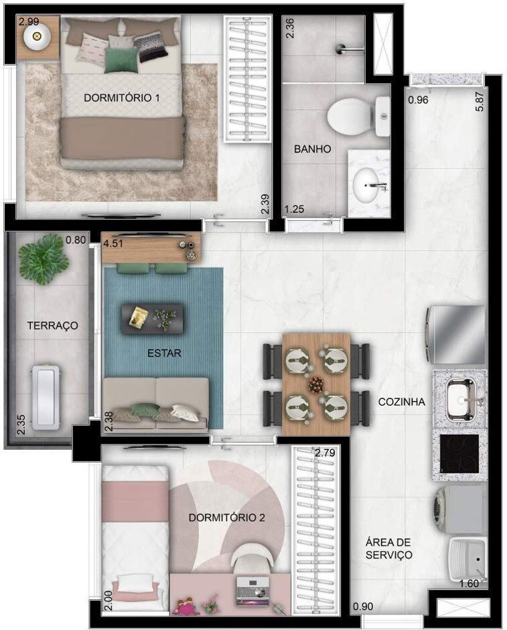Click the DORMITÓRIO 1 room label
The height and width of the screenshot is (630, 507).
click(x=121, y=98)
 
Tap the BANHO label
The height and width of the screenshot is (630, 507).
click(x=312, y=149)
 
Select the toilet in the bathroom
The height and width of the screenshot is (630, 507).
click(x=350, y=116)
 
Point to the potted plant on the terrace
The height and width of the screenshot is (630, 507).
click(x=44, y=259)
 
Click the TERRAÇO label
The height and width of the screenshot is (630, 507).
click(x=52, y=325)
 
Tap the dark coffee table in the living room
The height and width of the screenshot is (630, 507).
click(x=152, y=318)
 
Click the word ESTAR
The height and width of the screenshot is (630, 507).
click(x=163, y=353)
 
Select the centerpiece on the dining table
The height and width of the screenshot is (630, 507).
click(x=315, y=385)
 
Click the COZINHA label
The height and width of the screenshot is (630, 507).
click(x=402, y=402)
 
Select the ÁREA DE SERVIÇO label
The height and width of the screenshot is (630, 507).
click(x=388, y=548)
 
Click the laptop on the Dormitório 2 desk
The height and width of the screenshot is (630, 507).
click(x=252, y=590)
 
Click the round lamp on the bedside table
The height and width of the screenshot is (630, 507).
click(x=37, y=37)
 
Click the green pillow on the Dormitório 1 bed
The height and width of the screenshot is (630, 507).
click(x=118, y=60)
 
